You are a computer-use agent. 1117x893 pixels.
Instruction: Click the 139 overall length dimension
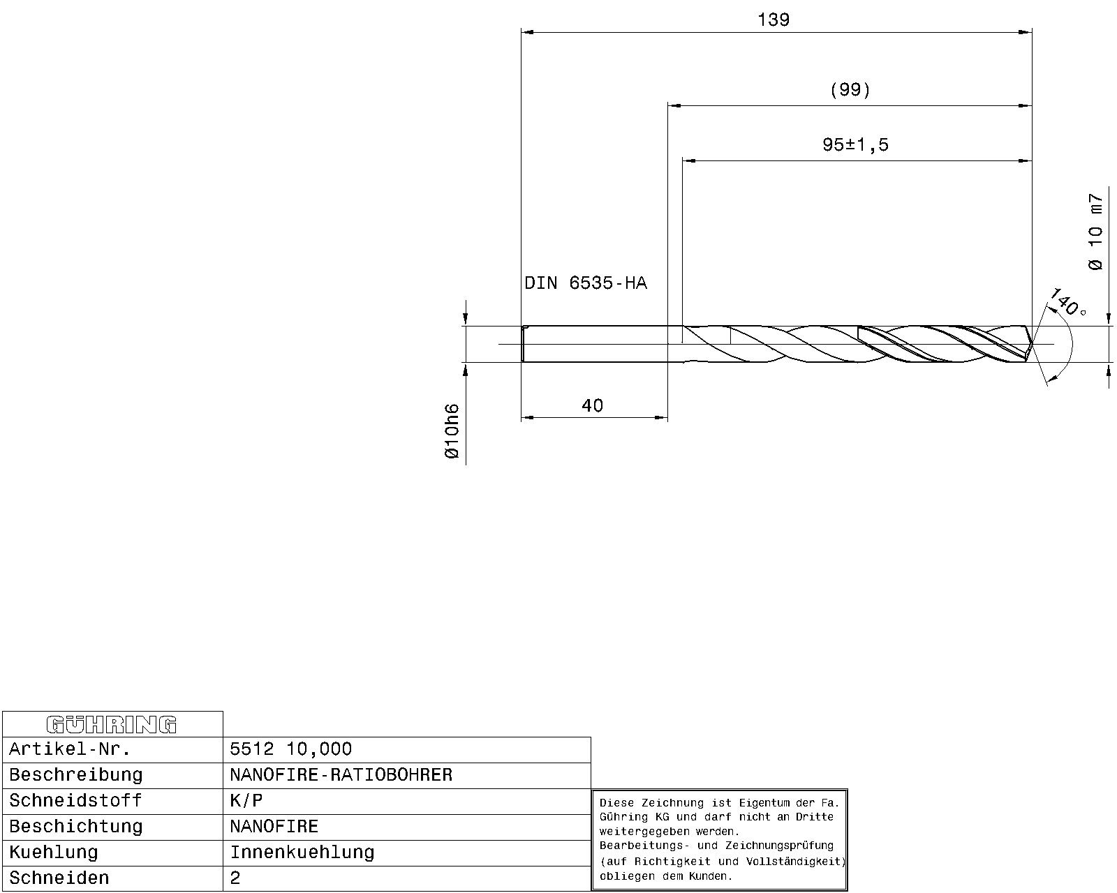(774, 20)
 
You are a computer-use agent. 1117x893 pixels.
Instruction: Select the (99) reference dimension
(850, 90)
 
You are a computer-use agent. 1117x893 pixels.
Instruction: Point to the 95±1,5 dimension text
(855, 145)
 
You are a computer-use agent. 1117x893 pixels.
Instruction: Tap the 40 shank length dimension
(592, 405)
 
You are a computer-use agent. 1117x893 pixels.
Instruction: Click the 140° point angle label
(1067, 302)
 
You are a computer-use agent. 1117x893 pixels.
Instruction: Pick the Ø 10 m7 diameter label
(1095, 232)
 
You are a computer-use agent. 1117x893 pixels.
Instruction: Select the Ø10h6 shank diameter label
(452, 431)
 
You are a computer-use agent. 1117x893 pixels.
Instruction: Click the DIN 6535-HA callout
(586, 283)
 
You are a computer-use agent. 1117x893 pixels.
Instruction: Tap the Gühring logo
(112, 724)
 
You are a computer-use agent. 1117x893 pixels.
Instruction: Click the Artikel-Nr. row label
(70, 749)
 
